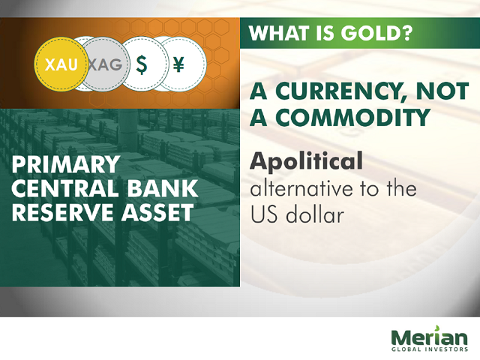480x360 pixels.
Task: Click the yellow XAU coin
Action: [61, 64]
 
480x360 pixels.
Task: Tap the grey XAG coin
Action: [106, 64]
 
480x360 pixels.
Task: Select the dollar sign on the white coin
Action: [141, 64]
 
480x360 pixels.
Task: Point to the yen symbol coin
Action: [184, 64]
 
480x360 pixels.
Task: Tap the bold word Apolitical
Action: [307, 161]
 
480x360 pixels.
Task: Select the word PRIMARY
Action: [66, 164]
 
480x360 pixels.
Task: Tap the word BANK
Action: [163, 188]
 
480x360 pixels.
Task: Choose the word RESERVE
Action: [63, 212]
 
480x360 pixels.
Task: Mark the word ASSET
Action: [157, 212]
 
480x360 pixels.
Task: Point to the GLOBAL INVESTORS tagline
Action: [430, 349]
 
